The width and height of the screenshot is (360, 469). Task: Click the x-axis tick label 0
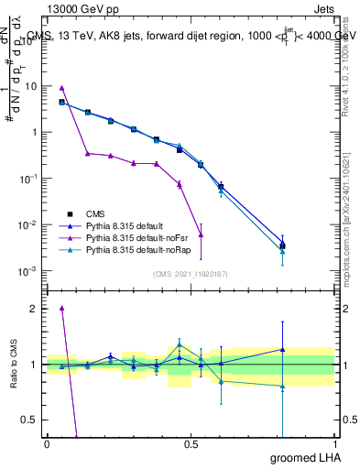pyautogui.click(x=47, y=444)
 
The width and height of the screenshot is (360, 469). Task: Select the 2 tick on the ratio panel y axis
pyautogui.click(x=34, y=309)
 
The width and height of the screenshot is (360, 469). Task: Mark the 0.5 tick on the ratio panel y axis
pyautogui.click(x=30, y=420)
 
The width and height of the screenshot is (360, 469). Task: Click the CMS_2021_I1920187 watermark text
pyautogui.click(x=191, y=274)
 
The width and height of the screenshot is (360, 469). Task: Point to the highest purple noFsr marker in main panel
pyautogui.click(x=61, y=87)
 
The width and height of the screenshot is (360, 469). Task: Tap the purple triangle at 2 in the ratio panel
pyautogui.click(x=61, y=309)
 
